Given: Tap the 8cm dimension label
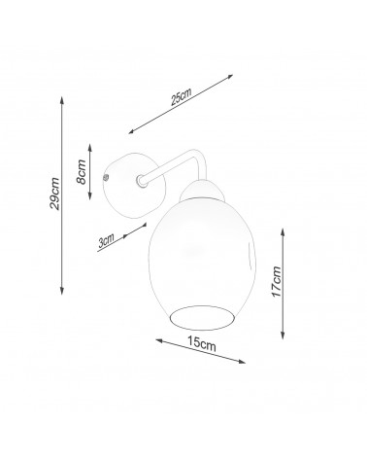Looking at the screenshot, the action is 82,172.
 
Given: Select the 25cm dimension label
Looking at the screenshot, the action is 182,96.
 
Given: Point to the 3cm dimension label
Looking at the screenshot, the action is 107,241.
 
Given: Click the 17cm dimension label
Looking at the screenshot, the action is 276,281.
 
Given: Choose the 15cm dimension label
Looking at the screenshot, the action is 201,343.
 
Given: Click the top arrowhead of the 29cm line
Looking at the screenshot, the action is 62,99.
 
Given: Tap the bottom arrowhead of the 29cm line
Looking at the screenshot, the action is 62,292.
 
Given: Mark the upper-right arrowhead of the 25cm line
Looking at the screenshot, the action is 229,77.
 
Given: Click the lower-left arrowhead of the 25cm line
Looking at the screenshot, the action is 131,131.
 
